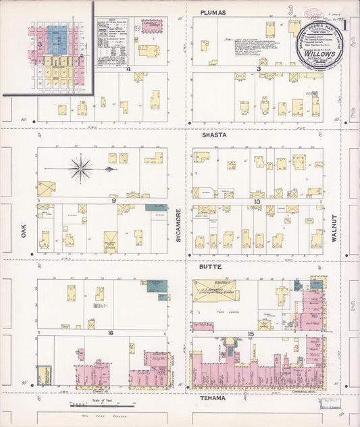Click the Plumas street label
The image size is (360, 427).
[x=213, y=13]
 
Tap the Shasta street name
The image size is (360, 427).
[x=213, y=135]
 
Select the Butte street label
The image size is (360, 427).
[x=211, y=268]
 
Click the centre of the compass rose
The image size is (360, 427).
[x=80, y=168]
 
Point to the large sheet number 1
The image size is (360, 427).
[x=344, y=27]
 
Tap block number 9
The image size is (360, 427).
[x=114, y=201]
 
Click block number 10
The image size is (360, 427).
[x=257, y=201]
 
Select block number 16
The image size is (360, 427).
[x=109, y=332]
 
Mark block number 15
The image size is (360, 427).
[x=251, y=334]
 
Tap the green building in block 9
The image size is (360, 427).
[x=157, y=207]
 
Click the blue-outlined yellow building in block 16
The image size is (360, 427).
[x=44, y=374]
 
